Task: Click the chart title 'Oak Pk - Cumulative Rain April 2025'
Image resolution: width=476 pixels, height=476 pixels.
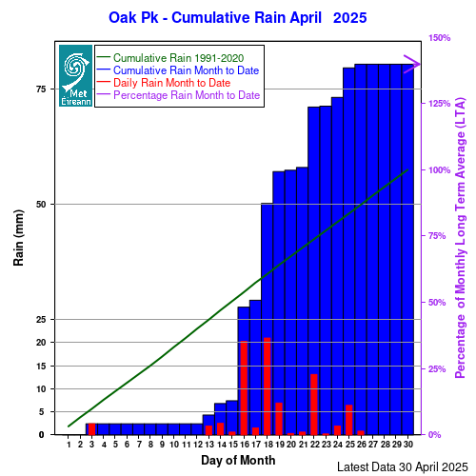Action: [238, 18]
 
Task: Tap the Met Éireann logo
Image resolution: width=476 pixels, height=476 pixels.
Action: [75, 75]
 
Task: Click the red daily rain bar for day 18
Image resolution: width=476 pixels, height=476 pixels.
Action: [267, 387]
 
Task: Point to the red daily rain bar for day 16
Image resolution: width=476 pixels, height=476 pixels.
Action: [244, 387]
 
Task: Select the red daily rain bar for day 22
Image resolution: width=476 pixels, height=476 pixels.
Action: [314, 405]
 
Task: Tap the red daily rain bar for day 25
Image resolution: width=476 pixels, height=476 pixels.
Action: [349, 420]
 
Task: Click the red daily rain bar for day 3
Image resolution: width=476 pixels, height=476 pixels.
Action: [91, 429]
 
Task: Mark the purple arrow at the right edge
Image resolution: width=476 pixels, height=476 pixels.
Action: [412, 64]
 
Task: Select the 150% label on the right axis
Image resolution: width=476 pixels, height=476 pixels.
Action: [440, 38]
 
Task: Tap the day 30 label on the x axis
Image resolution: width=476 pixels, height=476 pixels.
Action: [408, 445]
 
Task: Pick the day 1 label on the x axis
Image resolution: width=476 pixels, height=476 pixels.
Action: [69, 445]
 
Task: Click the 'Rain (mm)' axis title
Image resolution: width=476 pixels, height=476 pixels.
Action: [18, 238]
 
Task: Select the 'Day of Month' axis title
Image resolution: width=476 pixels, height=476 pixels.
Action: [238, 460]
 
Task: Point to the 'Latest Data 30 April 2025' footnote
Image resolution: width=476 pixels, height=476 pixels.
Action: [403, 467]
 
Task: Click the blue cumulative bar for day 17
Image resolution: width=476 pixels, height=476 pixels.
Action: [255, 367]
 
